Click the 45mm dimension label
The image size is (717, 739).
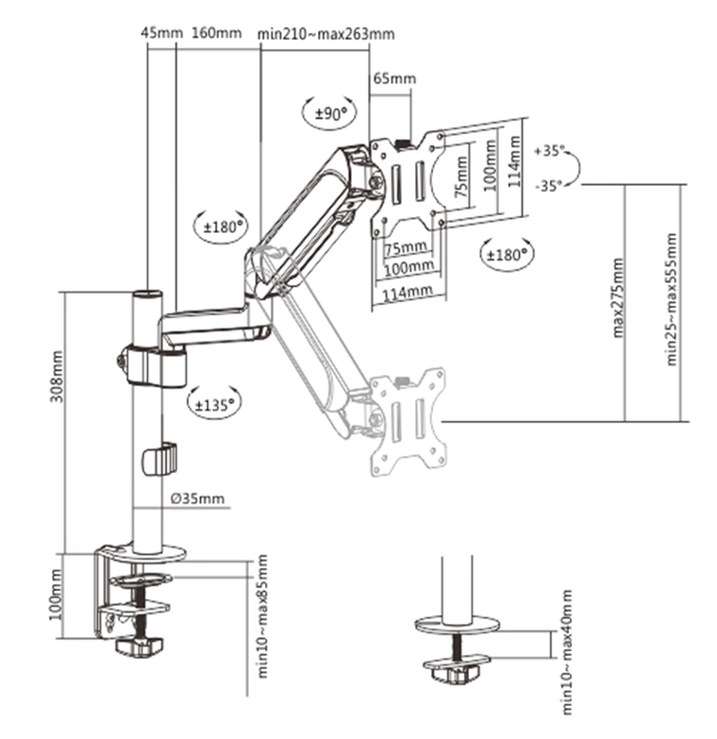[160, 32]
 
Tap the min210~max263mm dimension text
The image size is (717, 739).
[325, 33]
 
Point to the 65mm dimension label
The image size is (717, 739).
[393, 78]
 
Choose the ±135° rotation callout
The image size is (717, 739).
[214, 404]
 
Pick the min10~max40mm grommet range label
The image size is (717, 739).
[566, 653]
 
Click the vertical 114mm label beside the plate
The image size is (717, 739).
[514, 161]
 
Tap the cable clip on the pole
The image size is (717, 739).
[158, 458]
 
